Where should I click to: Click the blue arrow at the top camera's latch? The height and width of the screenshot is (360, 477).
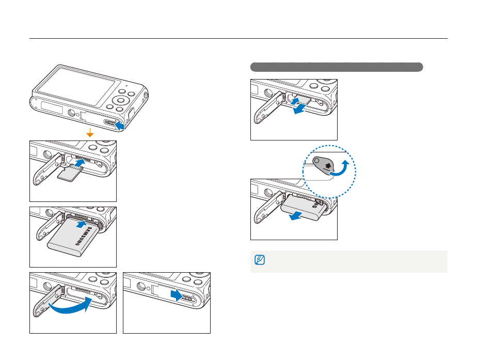click(x=119, y=126)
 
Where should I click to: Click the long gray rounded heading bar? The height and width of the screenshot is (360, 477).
click(x=337, y=67)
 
